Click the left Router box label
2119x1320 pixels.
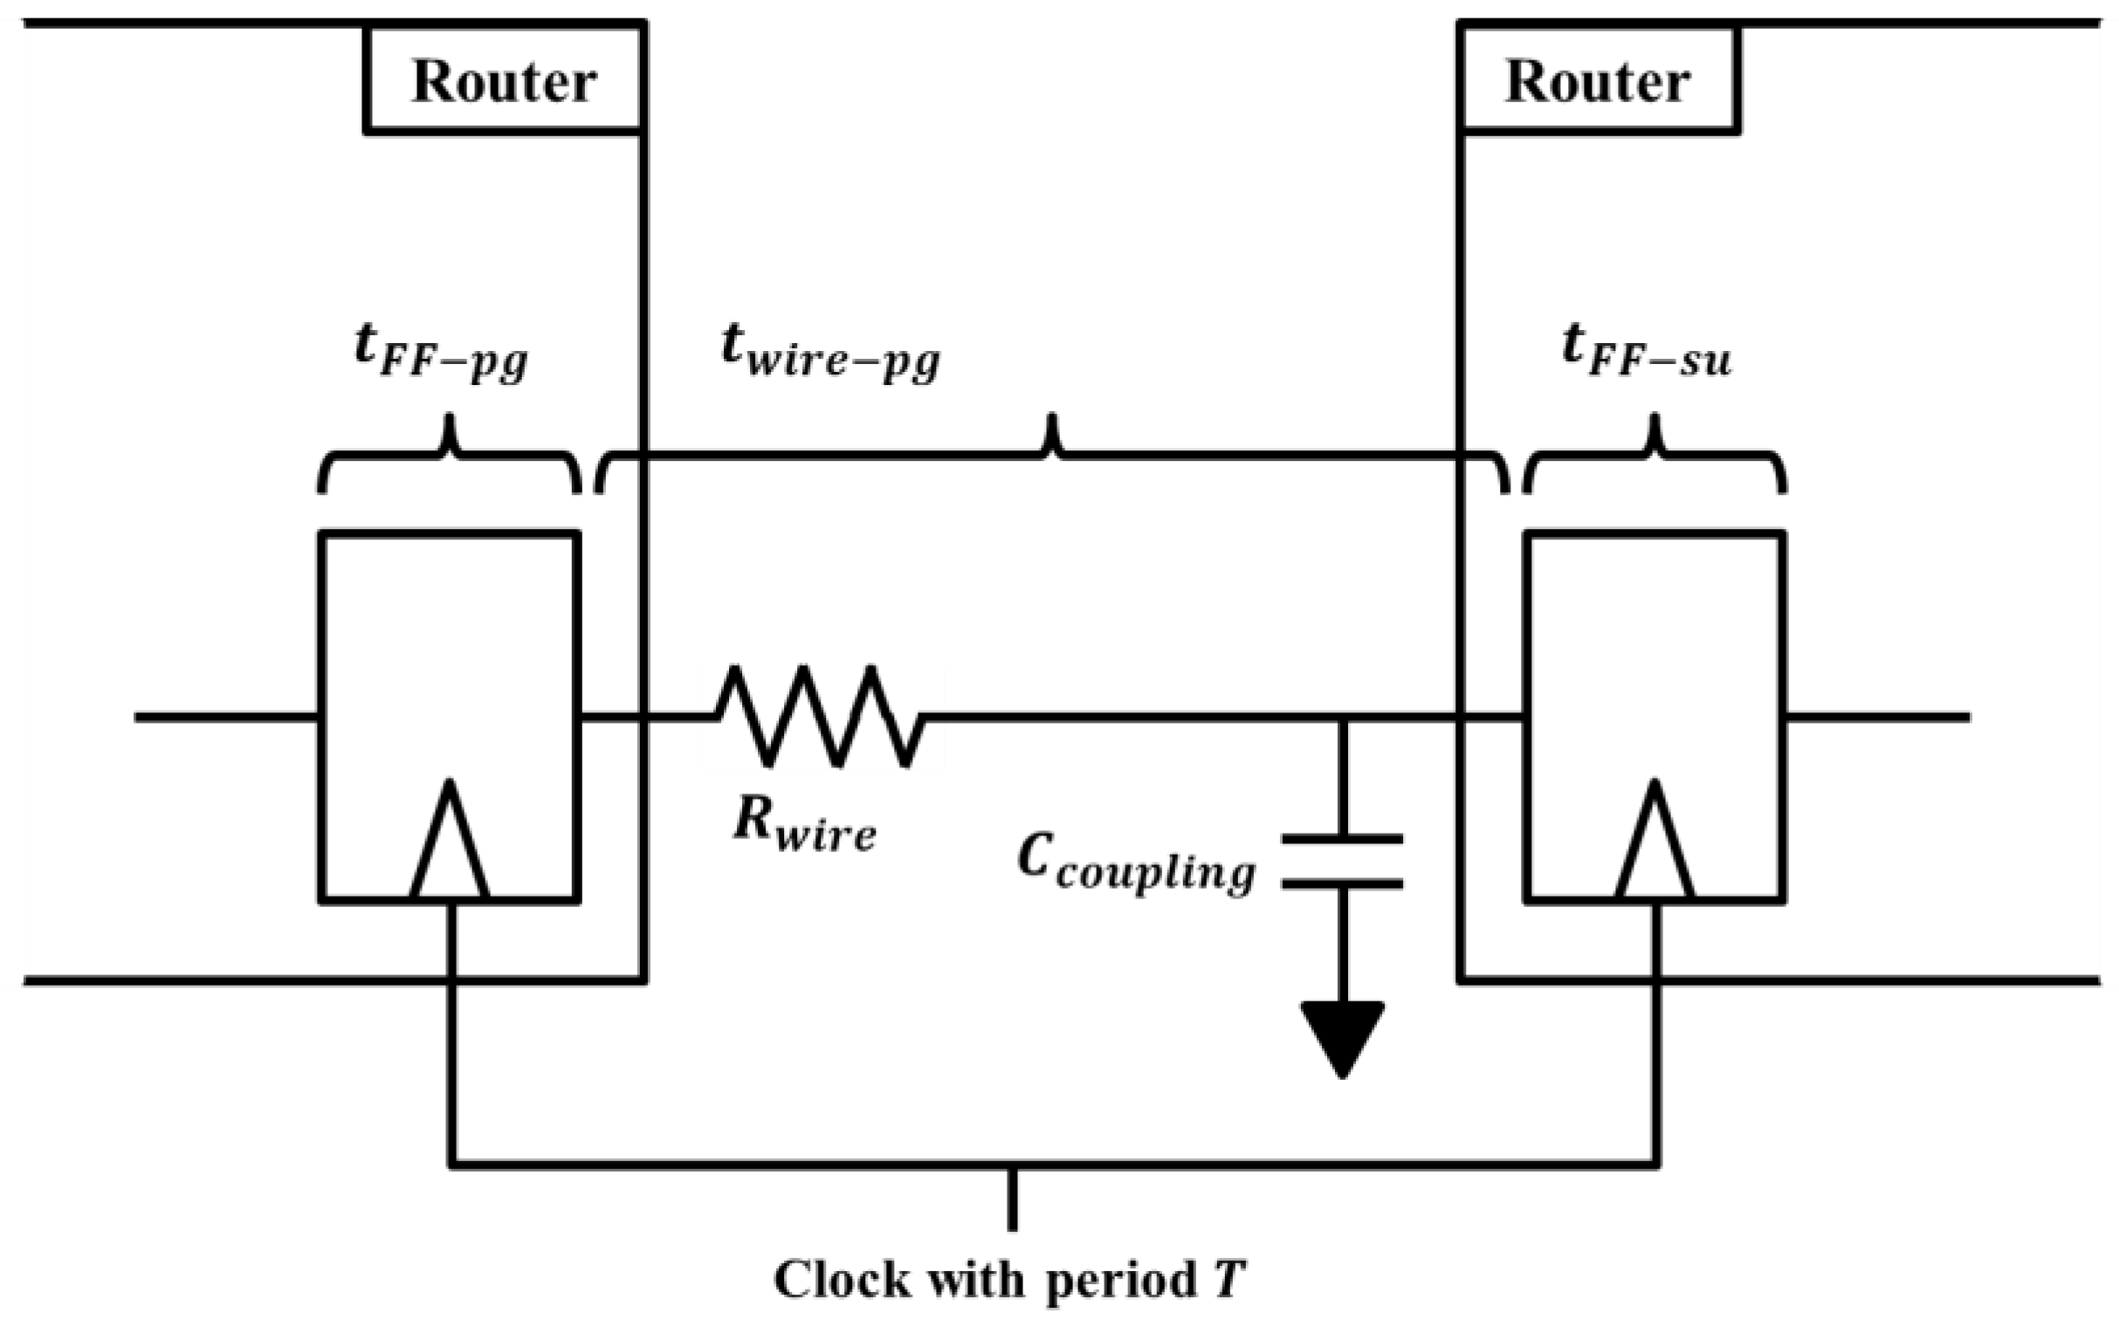504,83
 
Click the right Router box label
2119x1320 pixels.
1597,83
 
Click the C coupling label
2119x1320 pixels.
1135,864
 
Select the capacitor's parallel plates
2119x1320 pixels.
1342,862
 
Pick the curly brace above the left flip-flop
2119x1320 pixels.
450,458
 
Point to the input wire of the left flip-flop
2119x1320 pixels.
227,717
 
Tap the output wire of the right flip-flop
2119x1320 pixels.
1877,717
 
